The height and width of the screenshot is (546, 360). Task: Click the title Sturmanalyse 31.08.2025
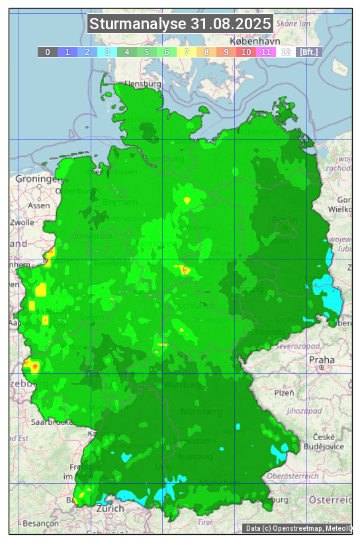coord(180,24)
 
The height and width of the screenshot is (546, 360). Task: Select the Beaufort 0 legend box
coord(48,52)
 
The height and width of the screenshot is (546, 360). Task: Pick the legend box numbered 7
coord(187,52)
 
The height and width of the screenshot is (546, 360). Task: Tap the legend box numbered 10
coord(246,52)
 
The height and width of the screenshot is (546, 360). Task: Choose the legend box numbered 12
coord(286,52)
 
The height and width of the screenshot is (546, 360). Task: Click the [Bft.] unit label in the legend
coord(308,52)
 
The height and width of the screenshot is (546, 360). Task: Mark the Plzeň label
coord(284,392)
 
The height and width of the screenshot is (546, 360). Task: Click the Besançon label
coord(40,523)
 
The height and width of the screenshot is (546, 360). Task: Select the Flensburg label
coord(143,85)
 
